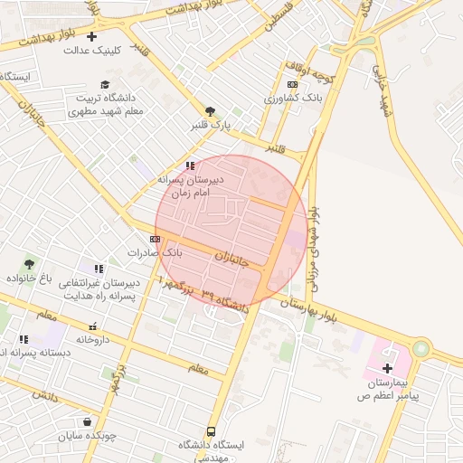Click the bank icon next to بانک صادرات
tap(156, 239)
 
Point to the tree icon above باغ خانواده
tap(31, 264)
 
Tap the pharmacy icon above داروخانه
tap(92, 326)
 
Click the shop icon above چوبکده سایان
tap(87, 421)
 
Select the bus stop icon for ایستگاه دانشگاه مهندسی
tap(211, 431)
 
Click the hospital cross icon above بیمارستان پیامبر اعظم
tap(388, 368)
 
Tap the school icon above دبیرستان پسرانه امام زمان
tap(190, 165)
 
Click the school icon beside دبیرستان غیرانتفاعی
tap(98, 269)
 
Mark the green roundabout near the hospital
tap(420, 348)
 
